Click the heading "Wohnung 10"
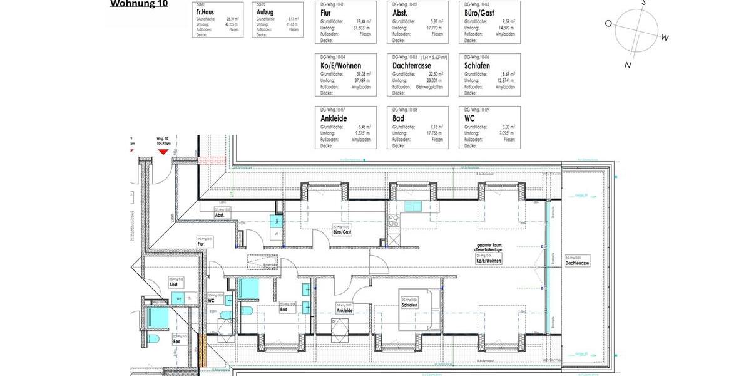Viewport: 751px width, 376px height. [x=138, y=4]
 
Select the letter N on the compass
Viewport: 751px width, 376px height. [x=628, y=64]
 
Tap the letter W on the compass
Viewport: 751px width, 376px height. [x=665, y=38]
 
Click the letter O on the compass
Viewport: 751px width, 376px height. [x=608, y=23]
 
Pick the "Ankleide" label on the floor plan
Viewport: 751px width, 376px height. [x=344, y=310]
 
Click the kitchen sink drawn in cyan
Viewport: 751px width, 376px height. [x=413, y=206]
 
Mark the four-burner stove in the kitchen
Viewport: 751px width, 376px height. [x=394, y=220]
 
